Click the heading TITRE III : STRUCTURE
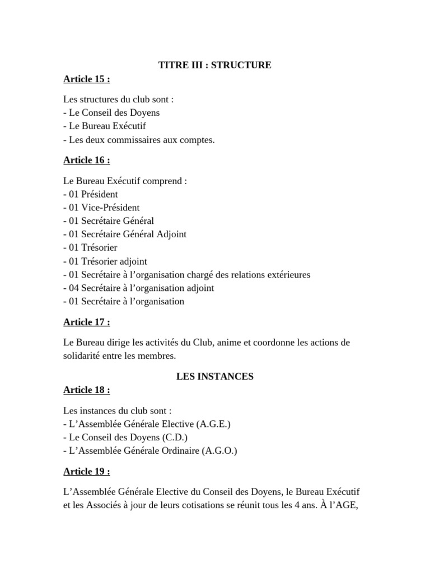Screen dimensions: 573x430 pyautogui.click(x=215, y=65)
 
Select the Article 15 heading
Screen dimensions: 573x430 pyautogui.click(x=86, y=79)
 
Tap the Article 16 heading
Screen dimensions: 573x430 pyautogui.click(x=86, y=161)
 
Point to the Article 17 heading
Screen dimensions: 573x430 pyautogui.click(x=86, y=322)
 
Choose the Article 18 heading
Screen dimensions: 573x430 pyautogui.click(x=86, y=390)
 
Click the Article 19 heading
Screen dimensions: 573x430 pyautogui.click(x=86, y=471)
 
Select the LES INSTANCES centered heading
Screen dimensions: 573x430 pyautogui.click(x=215, y=377)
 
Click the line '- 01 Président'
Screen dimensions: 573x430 pyautogui.click(x=91, y=194)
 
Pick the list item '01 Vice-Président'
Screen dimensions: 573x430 pyautogui.click(x=104, y=208)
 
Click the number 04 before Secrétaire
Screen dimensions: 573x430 pyautogui.click(x=75, y=288)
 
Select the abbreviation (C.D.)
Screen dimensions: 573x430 pyautogui.click(x=175, y=438)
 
